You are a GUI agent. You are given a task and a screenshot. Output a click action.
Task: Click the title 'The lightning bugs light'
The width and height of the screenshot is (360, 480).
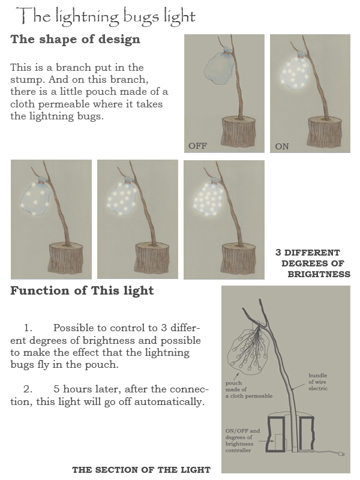tap(106, 16)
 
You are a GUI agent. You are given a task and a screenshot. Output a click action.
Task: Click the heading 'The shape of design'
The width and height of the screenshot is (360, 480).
tap(75, 40)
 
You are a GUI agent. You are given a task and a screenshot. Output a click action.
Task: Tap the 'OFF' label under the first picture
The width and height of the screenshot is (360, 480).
tap(197, 146)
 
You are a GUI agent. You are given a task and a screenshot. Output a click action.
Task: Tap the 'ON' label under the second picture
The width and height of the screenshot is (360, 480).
tap(281, 146)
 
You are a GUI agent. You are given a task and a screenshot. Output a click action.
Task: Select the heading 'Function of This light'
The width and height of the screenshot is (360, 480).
tap(82, 291)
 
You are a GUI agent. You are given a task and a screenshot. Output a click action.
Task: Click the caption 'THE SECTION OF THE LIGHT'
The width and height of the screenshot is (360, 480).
tap(141, 470)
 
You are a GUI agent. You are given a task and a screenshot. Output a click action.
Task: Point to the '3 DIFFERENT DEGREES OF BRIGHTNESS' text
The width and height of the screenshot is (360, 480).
tap(312, 263)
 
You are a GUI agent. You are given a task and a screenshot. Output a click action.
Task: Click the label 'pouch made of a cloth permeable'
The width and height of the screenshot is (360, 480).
tap(249, 389)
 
